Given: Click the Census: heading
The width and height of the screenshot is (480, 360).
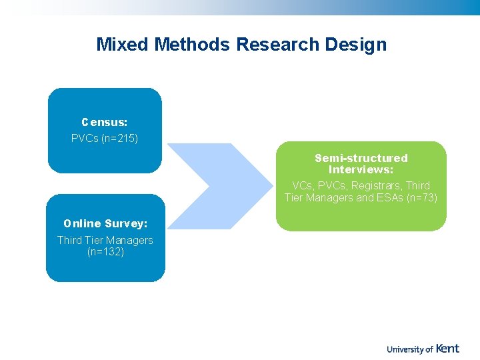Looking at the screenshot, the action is click(x=105, y=123).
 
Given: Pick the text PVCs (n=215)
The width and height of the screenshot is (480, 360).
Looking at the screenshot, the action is click(x=105, y=139).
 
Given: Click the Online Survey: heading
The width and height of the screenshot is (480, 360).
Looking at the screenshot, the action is click(x=105, y=224).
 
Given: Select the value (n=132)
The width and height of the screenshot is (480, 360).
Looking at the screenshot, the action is click(x=105, y=252).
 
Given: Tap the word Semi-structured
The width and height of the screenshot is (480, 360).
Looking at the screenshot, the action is click(x=361, y=158).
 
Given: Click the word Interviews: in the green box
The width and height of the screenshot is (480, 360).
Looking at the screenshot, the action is click(x=361, y=169).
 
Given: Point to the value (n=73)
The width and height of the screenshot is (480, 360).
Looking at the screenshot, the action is click(x=421, y=197).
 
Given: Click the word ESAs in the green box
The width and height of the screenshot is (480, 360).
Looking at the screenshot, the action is click(x=390, y=197).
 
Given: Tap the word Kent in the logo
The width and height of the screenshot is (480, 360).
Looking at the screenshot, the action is click(x=448, y=348).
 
